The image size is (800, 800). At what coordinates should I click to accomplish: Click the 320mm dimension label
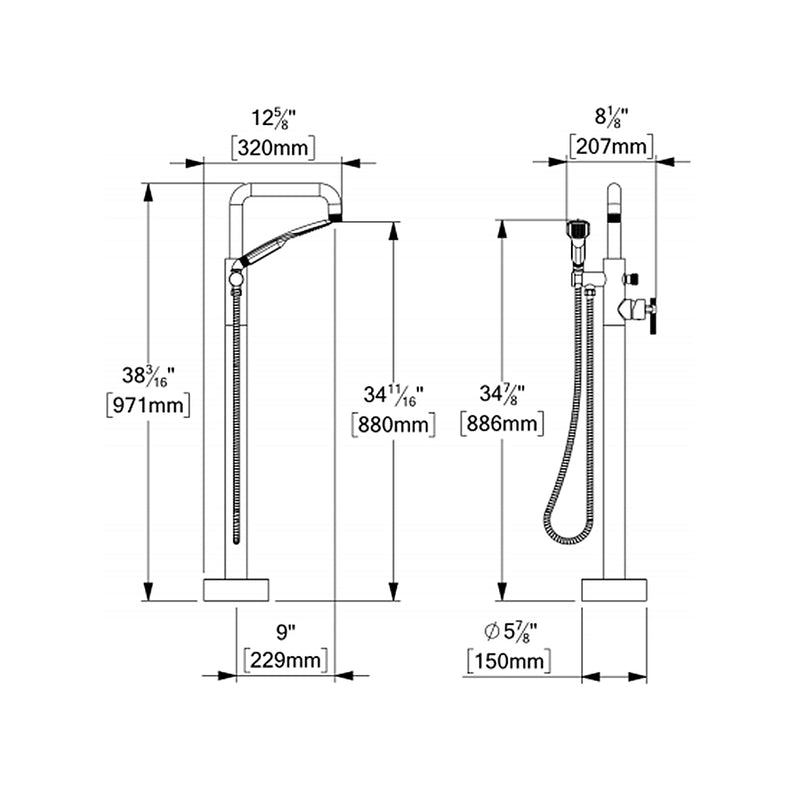[273, 148]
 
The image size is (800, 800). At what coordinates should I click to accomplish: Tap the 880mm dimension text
[393, 424]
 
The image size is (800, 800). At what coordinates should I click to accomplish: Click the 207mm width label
[612, 148]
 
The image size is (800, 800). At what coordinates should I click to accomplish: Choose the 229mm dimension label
[287, 661]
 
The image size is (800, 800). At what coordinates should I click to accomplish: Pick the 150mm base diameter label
[509, 661]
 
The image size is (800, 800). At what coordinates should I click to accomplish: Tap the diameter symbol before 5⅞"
[491, 631]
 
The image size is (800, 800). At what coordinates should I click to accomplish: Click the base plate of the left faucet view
[236, 589]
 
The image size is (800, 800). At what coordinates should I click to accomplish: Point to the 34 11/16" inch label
[393, 394]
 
